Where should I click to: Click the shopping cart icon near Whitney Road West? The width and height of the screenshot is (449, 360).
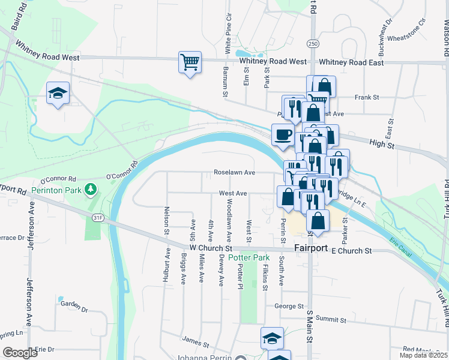tap(190, 62)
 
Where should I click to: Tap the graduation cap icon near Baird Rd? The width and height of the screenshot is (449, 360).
tap(58, 94)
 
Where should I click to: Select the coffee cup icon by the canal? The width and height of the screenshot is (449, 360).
tap(283, 135)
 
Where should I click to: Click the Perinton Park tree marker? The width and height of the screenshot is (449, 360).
tap(91, 190)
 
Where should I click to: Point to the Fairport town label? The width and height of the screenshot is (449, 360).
tap(312, 248)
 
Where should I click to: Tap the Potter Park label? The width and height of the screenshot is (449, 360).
tap(249, 257)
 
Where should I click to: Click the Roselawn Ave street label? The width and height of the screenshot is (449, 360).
tap(235, 173)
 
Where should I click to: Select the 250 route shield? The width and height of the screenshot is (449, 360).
tap(312, 44)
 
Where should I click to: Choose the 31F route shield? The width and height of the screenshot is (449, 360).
tap(97, 218)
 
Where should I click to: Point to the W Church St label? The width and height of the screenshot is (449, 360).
tap(210, 247)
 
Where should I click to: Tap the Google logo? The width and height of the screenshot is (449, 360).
tap(20, 353)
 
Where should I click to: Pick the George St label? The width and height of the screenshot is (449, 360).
tap(289, 306)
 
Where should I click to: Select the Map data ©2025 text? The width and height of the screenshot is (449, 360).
tap(423, 355)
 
